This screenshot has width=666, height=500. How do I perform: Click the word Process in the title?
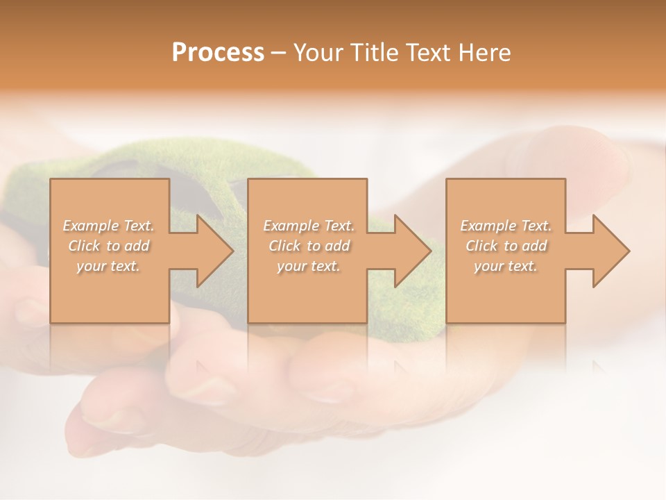[218, 53]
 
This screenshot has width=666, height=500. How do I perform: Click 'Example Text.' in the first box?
[109, 226]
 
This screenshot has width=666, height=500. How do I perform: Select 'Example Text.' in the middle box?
[309, 226]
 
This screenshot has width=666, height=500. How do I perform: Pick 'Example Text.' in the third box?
[506, 226]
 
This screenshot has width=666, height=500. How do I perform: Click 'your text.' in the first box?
[108, 266]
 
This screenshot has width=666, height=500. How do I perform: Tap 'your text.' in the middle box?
[309, 266]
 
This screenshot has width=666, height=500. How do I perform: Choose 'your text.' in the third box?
[506, 266]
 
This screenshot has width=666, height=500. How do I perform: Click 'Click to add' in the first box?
[109, 246]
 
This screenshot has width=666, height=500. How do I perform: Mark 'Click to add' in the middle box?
[309, 246]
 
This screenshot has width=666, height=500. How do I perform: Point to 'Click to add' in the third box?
[506, 246]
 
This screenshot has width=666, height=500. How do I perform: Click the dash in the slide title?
[279, 53]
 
